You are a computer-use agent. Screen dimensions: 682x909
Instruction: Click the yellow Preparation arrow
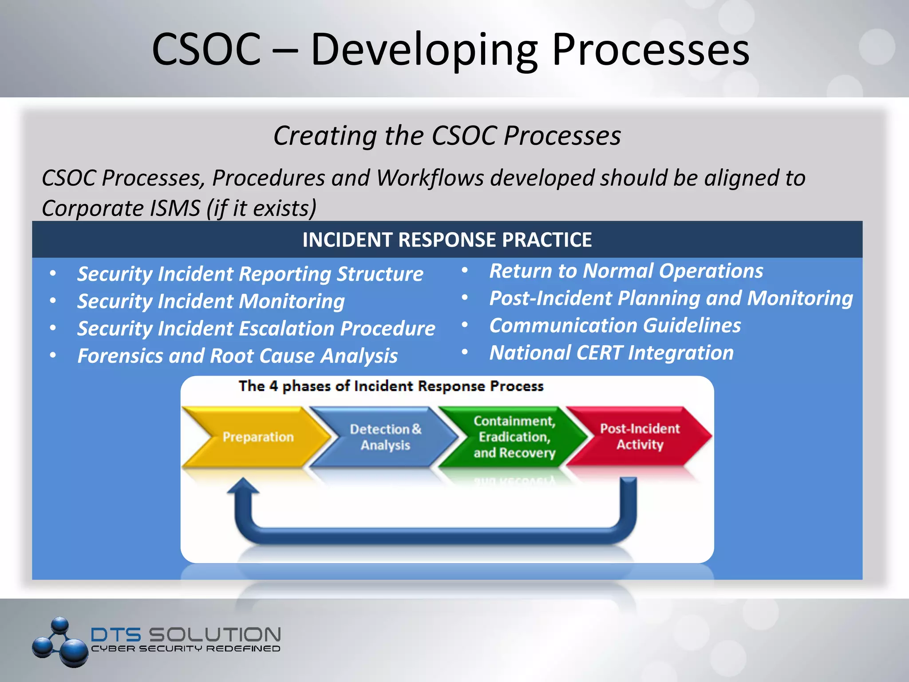[257, 437]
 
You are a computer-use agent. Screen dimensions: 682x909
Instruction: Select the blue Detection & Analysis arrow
[385, 437]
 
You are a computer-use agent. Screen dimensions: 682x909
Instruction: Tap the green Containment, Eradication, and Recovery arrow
[514, 437]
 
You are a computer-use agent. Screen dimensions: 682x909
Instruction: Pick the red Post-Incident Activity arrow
[640, 436]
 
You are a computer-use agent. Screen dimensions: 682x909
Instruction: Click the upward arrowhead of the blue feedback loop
[243, 486]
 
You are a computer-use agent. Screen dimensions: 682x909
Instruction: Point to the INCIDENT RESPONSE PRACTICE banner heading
[447, 240]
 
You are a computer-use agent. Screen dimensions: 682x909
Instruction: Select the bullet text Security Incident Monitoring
[211, 301]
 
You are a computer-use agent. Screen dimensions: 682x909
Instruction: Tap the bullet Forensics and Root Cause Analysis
[237, 356]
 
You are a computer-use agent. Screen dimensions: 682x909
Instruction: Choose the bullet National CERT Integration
[611, 353]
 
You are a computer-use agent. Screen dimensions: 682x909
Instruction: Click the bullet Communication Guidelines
[615, 325]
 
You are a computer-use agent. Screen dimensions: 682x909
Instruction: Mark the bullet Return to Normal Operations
[626, 271]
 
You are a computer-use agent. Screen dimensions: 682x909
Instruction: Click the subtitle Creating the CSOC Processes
[447, 135]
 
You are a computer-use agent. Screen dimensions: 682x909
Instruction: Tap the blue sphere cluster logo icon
[60, 642]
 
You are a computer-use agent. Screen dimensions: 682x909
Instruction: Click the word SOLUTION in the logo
[214, 634]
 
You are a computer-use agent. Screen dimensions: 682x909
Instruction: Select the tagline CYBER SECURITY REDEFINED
[186, 649]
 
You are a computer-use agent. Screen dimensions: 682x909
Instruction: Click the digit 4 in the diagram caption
[274, 386]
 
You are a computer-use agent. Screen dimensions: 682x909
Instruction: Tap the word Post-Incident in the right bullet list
[550, 298]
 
